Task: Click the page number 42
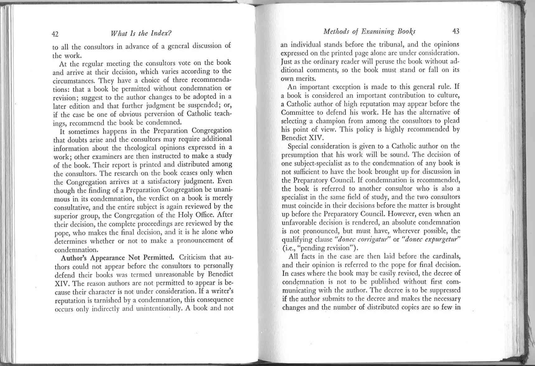pos(55,34)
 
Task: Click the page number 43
pos(456,31)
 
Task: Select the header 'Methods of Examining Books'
pos(369,31)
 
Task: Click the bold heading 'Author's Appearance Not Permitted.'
pos(117,258)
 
